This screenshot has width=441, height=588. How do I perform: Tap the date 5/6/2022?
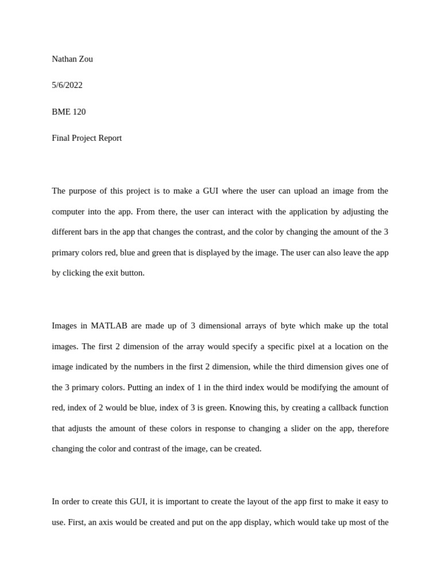pyautogui.click(x=67, y=86)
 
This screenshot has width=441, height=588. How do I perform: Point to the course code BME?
pyautogui.click(x=61, y=112)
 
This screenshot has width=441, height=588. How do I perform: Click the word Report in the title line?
pyautogui.click(x=109, y=138)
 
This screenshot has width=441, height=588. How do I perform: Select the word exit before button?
pyautogui.click(x=113, y=273)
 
